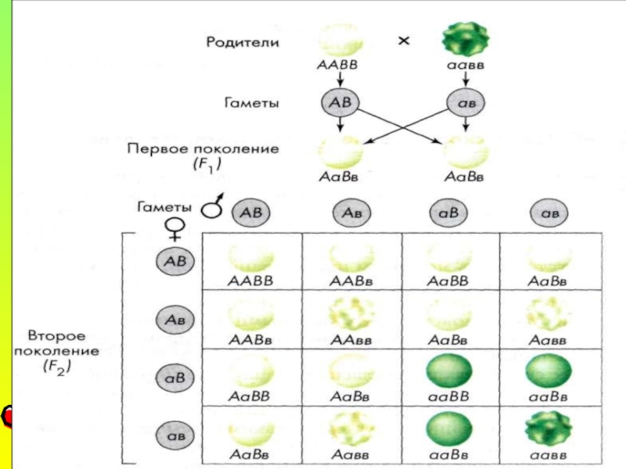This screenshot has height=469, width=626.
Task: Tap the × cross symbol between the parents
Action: coord(404,41)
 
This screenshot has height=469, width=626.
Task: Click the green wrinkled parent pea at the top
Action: coord(465,38)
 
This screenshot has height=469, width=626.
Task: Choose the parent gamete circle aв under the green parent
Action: coord(466,102)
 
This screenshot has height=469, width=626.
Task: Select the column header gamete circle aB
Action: coord(450,213)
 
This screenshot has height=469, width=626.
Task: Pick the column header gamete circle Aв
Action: coord(351,213)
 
